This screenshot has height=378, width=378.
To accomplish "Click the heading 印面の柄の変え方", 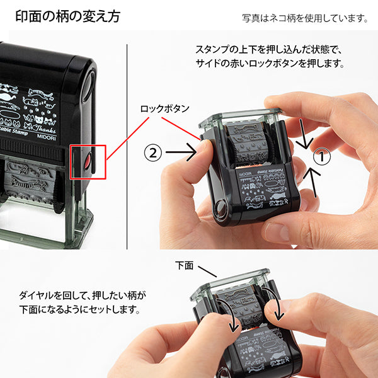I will tap(67, 15).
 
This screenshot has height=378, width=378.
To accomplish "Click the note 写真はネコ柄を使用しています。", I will tap(305, 18).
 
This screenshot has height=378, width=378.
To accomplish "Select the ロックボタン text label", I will tap(164, 108).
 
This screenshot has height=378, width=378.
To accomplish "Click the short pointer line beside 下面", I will tap(207, 270).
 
